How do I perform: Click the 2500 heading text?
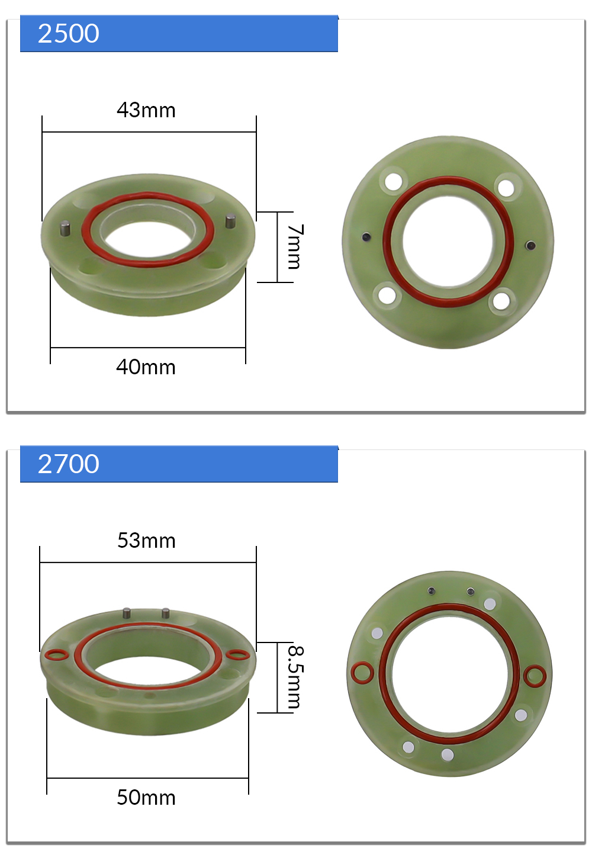[69, 33]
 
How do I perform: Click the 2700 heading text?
[69, 464]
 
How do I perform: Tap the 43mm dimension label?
[146, 110]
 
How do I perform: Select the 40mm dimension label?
[146, 367]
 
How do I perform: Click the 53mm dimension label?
[146, 541]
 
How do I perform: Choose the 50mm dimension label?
[146, 797]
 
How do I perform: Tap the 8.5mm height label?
[296, 676]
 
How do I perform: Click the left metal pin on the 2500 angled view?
[65, 228]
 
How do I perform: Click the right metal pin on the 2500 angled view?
[230, 221]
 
